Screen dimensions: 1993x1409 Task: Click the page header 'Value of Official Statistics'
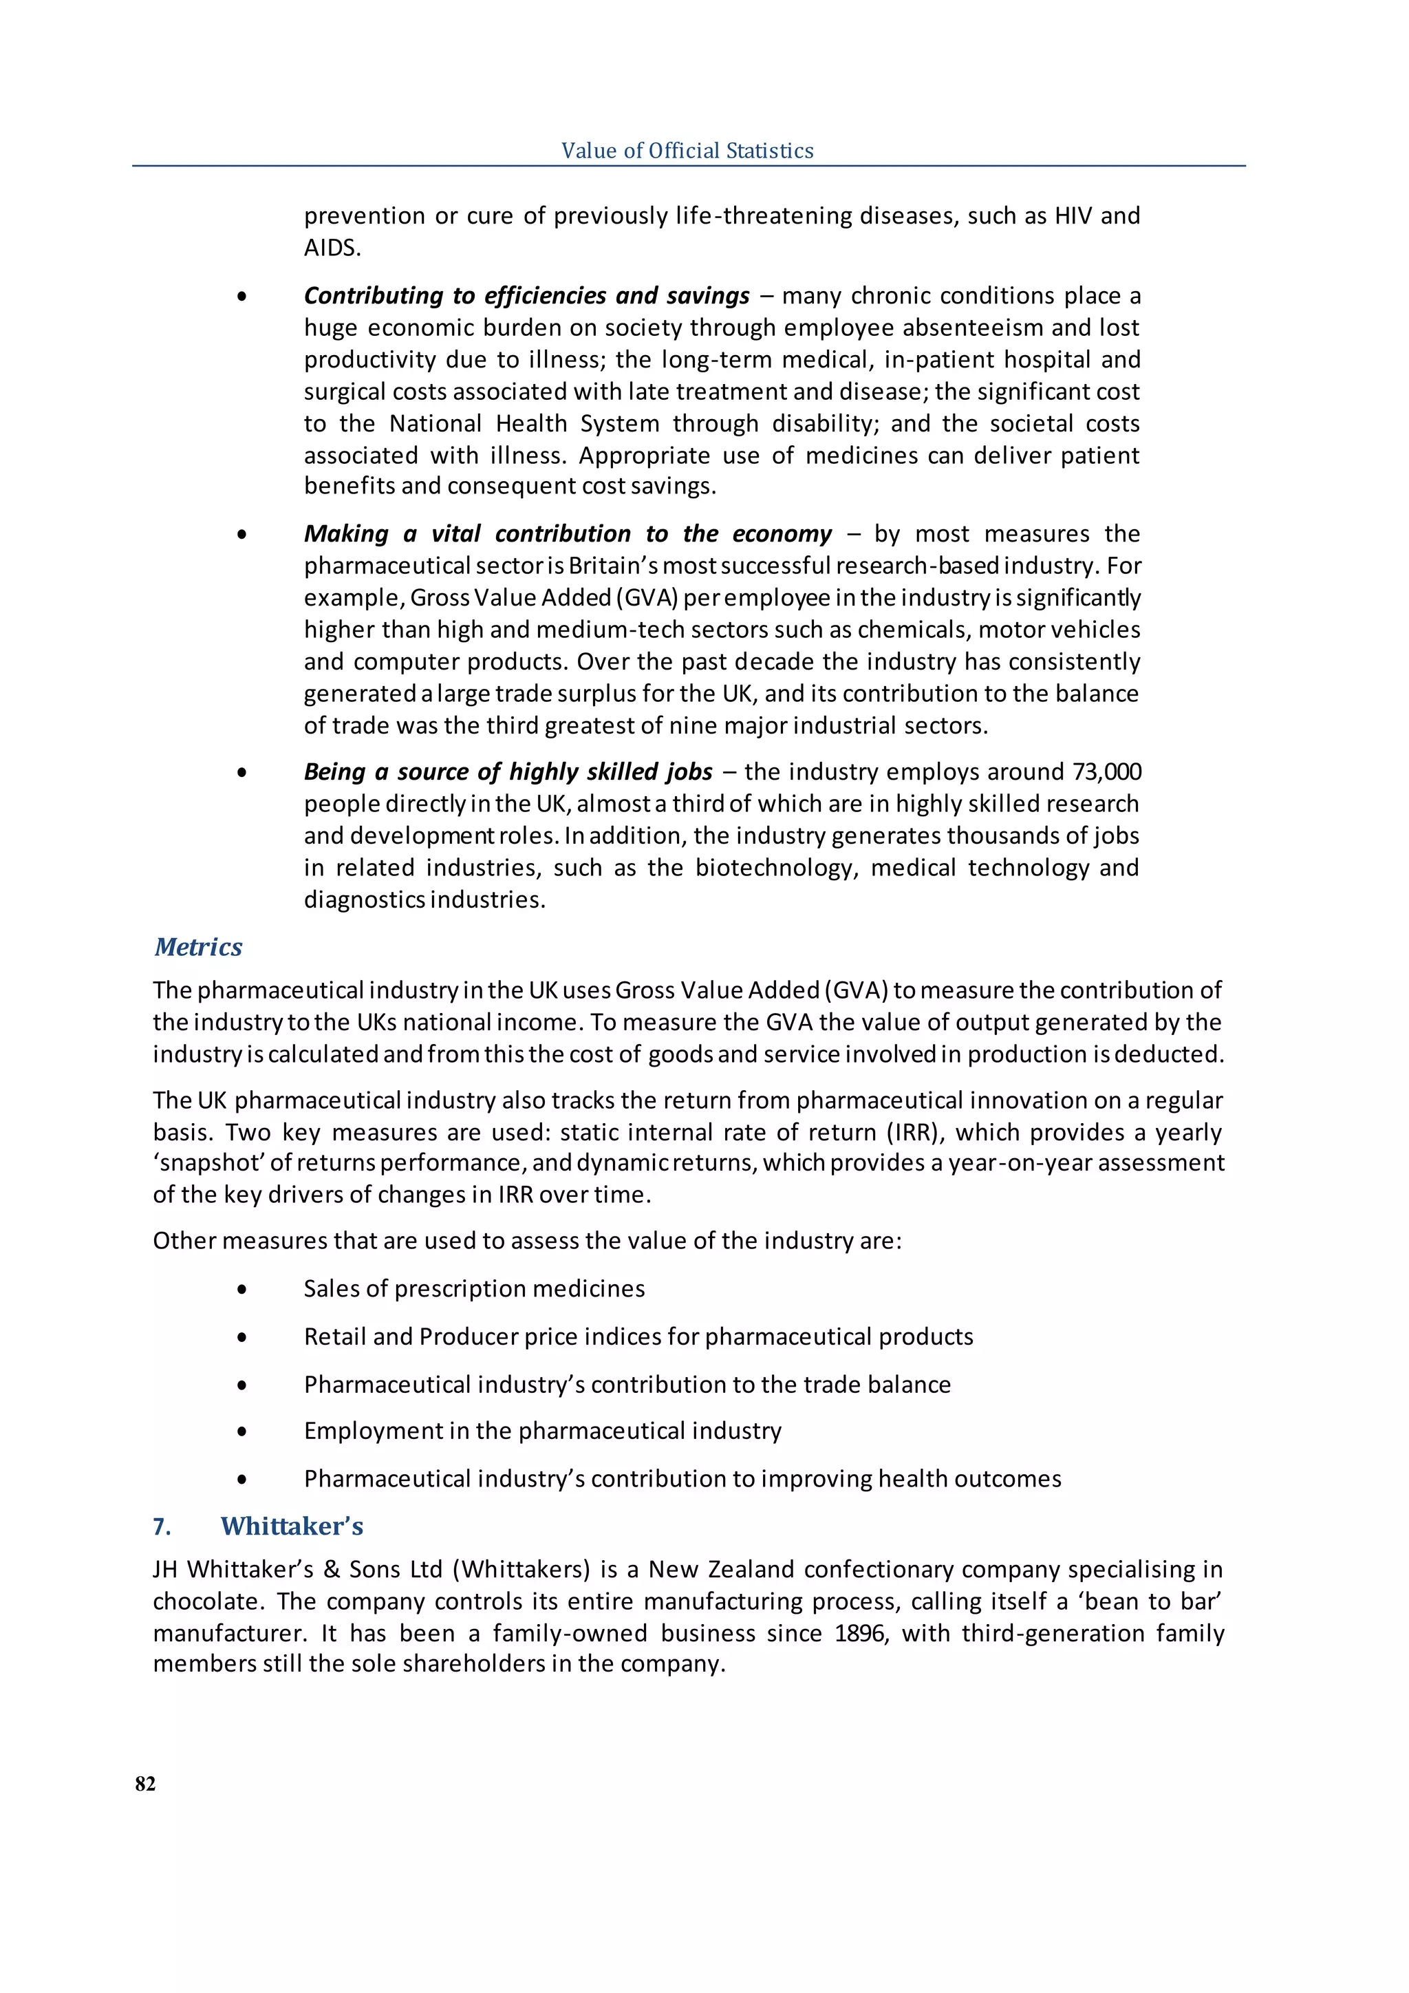687,150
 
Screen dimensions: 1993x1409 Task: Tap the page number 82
146,1783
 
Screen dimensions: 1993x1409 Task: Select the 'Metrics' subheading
198,946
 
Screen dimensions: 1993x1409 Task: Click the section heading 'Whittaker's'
292,1525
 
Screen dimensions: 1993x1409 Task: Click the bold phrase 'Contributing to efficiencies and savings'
526,295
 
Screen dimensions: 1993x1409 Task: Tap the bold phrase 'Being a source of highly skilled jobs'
508,771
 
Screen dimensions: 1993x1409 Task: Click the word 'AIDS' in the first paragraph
330,248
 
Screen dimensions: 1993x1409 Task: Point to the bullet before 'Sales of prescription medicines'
241,1290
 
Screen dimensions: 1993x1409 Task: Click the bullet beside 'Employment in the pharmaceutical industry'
241,1431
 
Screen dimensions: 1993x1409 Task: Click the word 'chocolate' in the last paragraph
208,1601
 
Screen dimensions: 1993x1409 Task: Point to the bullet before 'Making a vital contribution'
241,535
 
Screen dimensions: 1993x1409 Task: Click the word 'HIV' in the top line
1073,215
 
